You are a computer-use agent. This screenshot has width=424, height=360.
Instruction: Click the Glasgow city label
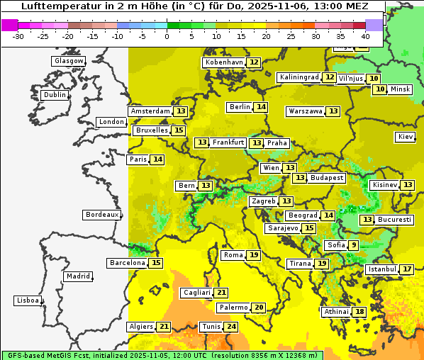(x=68, y=61)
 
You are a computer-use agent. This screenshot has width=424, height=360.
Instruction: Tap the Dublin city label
(x=55, y=95)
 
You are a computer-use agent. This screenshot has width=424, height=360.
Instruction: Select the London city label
(x=111, y=122)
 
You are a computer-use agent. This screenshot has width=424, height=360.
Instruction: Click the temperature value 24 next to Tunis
(x=231, y=327)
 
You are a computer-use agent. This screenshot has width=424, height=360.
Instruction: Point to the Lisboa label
(x=28, y=300)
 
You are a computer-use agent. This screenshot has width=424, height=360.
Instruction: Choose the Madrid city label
(x=77, y=276)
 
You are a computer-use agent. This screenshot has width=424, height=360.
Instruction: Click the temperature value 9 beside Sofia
(x=354, y=245)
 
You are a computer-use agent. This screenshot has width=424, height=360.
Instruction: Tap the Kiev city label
(x=406, y=137)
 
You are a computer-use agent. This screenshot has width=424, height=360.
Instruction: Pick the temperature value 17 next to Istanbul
(x=407, y=269)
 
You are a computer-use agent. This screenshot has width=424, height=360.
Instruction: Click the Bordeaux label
(x=101, y=215)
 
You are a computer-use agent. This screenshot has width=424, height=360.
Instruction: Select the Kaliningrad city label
(x=299, y=77)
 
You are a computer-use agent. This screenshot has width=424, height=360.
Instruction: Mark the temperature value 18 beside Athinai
(x=360, y=312)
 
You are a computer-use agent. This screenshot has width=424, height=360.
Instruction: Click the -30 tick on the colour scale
(x=18, y=36)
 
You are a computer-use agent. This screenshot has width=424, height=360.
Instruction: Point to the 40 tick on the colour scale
(x=365, y=36)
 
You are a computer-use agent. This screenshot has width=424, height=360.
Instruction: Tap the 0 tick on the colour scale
(x=167, y=36)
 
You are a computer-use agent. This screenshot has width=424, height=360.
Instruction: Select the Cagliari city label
(x=196, y=293)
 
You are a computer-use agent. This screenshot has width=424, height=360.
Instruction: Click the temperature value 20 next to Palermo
(x=259, y=308)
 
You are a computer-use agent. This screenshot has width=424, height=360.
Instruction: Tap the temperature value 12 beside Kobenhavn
(x=254, y=62)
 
